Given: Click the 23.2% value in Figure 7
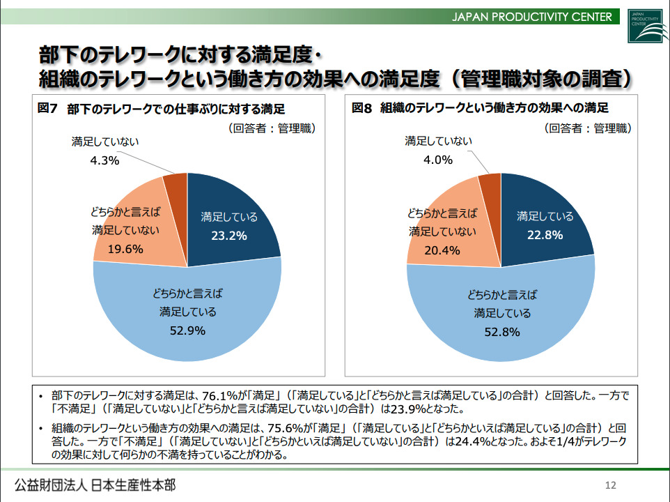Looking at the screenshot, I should tap(229, 236).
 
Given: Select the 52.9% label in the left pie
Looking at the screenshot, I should tap(187, 330).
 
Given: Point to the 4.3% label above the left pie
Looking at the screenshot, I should tap(105, 160).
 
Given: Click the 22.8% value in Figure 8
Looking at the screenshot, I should tap(545, 235).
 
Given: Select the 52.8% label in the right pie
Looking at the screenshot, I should tap(502, 332).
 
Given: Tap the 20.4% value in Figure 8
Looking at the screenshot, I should tap(442, 250).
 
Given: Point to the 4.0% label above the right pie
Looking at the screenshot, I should tap(439, 160).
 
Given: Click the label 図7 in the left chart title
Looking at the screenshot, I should tap(47, 109).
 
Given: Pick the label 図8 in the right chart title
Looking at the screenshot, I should tap(362, 109).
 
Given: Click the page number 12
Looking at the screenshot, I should tap(611, 485).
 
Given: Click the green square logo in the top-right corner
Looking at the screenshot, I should tap(644, 26).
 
